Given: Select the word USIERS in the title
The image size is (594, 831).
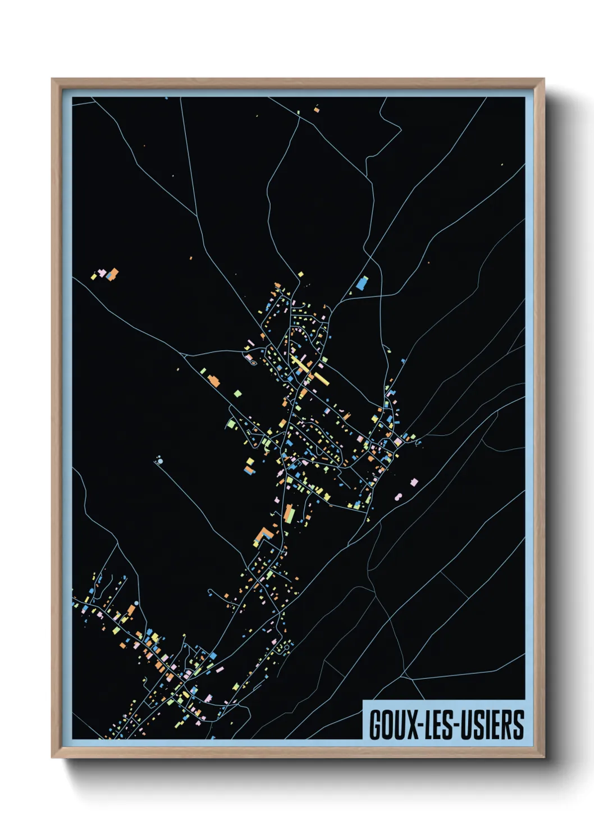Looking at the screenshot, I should [495, 724].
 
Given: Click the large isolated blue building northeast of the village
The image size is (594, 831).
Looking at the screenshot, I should [362, 283].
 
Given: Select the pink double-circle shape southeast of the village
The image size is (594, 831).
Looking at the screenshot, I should [398, 497].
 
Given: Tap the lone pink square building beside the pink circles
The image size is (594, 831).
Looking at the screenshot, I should [414, 482].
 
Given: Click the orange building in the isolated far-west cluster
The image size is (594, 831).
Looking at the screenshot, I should [113, 274].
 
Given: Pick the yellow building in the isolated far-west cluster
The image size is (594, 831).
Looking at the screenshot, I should [94, 276].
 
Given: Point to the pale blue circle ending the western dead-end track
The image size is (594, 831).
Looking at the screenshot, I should [161, 462].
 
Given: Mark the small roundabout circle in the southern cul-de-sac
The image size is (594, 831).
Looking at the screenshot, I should [286, 648].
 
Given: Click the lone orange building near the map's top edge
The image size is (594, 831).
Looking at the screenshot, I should [317, 110].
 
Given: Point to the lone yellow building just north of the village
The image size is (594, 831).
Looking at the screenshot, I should [301, 275].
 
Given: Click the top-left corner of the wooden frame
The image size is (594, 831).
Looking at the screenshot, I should [52, 79].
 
